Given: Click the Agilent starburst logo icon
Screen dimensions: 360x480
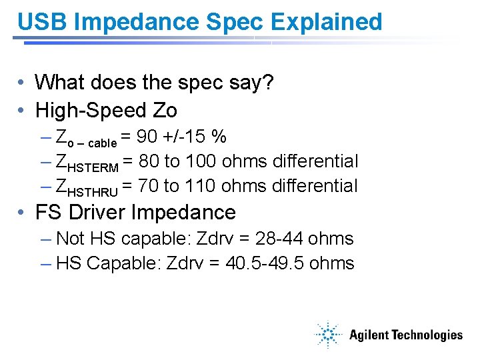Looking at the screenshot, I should [x=329, y=335].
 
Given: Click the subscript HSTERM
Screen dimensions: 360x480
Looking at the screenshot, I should [x=93, y=167].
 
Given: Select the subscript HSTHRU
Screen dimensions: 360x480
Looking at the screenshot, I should [x=93, y=191].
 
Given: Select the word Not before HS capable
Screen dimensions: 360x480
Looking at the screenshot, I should [x=71, y=239].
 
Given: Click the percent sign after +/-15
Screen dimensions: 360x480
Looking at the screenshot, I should [x=218, y=137].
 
